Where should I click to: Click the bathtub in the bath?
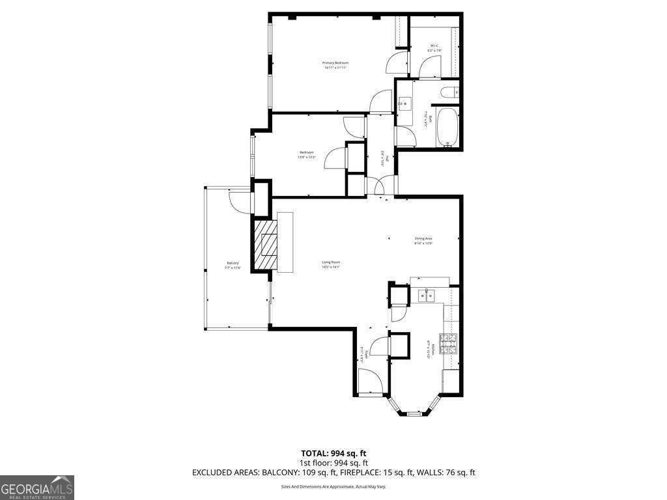click(x=447, y=128)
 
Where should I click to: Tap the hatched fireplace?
click(x=266, y=245)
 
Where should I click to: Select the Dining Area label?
click(x=423, y=239)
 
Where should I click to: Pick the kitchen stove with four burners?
click(x=449, y=344)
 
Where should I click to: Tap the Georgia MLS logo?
click(x=37, y=488)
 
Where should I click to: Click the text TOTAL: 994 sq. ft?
click(x=333, y=453)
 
